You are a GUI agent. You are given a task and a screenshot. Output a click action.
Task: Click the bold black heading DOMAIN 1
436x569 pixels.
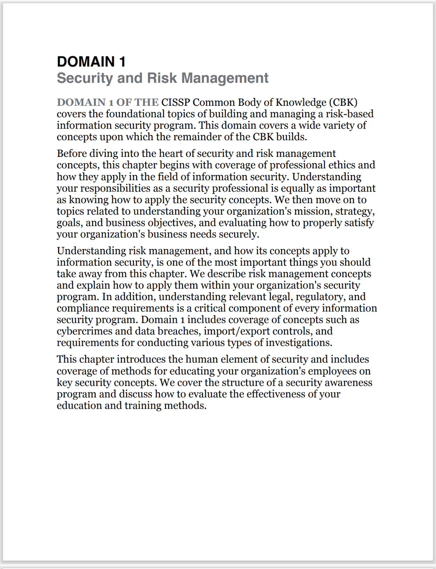point(91,62)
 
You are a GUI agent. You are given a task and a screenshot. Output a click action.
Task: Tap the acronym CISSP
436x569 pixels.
point(175,102)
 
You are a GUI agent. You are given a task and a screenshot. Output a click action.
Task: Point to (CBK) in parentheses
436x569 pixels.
point(343,102)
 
